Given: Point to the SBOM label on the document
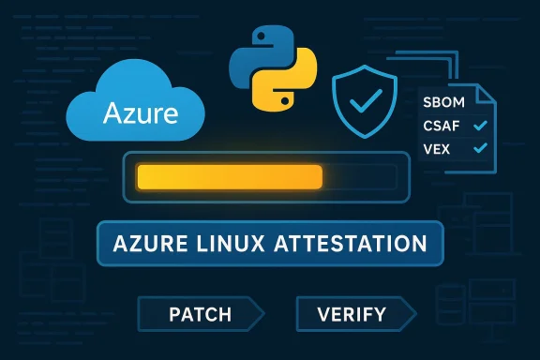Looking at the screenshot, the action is point(446,102).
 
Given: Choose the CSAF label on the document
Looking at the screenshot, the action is point(446,125).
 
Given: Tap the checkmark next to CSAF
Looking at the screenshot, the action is point(481,125).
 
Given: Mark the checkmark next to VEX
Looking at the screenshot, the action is point(481,148).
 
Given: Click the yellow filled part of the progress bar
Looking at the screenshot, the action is point(229,176).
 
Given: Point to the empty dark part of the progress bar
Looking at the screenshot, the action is point(361,176).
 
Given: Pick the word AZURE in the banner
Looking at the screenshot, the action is point(147,244).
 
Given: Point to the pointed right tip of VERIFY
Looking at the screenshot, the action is point(413,313).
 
